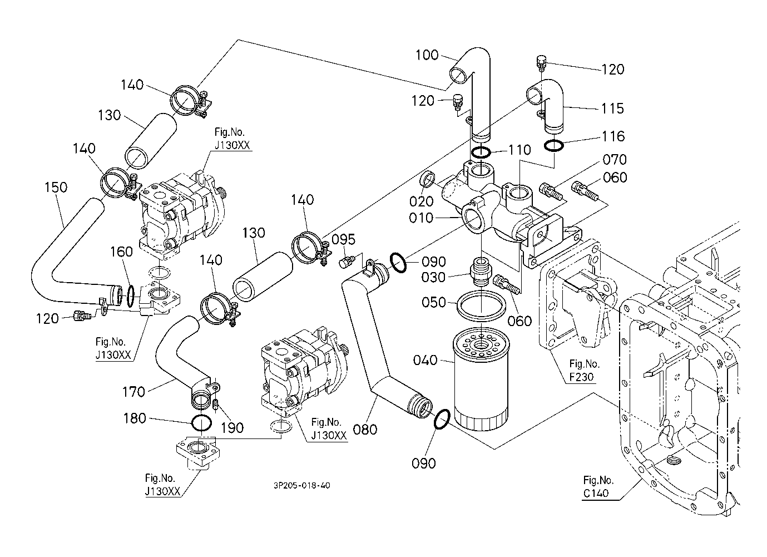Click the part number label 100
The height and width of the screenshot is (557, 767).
(x=427, y=55)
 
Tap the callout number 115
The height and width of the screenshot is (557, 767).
(x=612, y=109)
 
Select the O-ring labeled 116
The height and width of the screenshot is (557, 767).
(x=553, y=146)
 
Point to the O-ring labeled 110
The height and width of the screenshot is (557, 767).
(x=482, y=152)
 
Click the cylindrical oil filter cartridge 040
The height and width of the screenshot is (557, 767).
(x=481, y=378)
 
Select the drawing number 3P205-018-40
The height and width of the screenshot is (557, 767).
(x=301, y=485)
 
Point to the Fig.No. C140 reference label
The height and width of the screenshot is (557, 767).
(x=598, y=486)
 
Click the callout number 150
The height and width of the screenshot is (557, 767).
(x=56, y=188)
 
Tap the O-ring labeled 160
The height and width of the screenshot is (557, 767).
(x=131, y=297)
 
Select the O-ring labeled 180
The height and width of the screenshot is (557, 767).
(x=201, y=423)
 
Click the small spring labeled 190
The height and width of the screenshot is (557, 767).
(x=216, y=406)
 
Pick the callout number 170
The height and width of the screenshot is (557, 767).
(x=133, y=392)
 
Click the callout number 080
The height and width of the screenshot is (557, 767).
(x=365, y=429)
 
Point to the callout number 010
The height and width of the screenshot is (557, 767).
(x=421, y=218)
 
